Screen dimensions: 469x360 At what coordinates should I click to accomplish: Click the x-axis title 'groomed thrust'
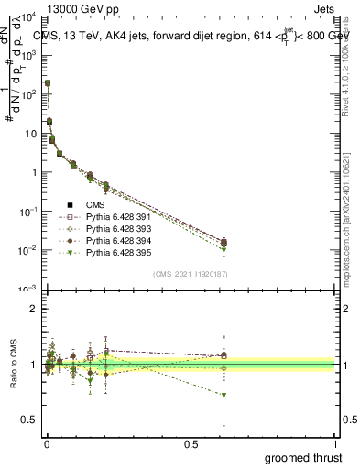303,457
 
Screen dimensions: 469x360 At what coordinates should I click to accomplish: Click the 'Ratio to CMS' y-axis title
12,367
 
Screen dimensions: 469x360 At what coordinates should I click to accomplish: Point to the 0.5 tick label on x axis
191,443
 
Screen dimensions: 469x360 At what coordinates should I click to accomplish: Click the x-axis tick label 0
47,443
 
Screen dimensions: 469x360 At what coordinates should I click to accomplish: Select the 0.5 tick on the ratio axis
29,420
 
